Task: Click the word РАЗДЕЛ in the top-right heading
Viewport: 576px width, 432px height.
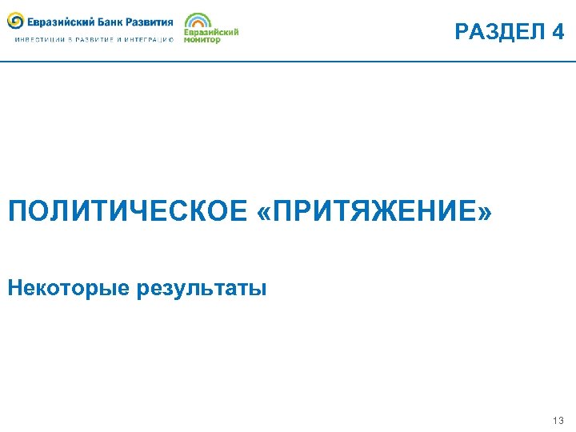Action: point(498,32)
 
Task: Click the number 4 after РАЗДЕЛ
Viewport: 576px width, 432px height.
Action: point(558,32)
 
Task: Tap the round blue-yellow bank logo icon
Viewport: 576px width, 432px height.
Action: point(16,22)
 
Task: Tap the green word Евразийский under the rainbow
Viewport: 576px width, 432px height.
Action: point(211,32)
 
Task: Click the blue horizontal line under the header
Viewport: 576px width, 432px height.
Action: point(288,62)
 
